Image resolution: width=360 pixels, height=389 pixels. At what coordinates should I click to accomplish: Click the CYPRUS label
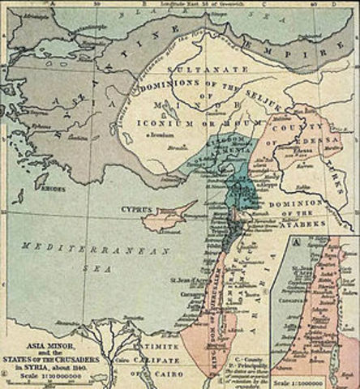pyautogui.click(x=137, y=208)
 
